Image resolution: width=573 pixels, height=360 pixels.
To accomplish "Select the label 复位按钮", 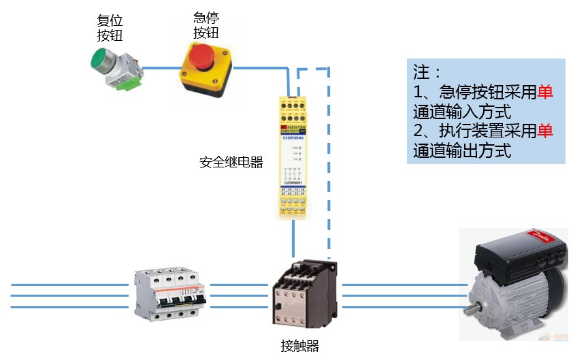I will click(110, 27).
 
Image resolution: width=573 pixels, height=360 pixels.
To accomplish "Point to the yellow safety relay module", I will click(293, 157).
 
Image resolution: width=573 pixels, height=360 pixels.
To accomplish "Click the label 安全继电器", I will click(231, 163).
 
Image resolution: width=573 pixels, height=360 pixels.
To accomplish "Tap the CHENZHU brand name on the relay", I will click(293, 135).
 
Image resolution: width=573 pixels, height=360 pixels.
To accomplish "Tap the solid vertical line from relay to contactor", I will click(293, 242).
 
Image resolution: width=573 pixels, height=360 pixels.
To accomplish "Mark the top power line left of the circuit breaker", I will click(68, 285).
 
